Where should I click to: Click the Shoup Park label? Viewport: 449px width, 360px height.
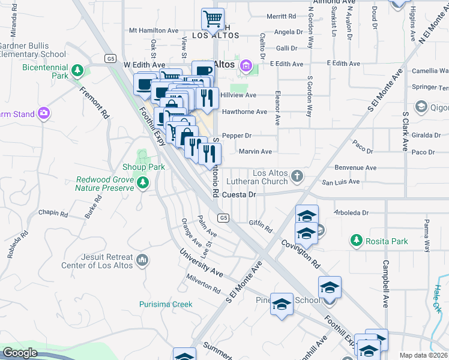point(143,167)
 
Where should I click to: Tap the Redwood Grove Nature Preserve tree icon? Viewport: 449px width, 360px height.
point(142,182)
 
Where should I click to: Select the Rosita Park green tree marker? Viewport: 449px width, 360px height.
point(357,241)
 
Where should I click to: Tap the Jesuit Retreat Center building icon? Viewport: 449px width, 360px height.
point(142,260)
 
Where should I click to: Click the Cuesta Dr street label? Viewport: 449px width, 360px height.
point(239,195)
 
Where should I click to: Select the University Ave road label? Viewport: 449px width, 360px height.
point(200,265)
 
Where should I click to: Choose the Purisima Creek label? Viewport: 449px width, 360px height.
point(166,304)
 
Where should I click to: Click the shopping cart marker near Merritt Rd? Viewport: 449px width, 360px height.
point(212,19)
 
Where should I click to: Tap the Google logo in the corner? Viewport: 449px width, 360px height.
point(20,353)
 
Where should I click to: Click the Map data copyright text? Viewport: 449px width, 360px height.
point(423,355)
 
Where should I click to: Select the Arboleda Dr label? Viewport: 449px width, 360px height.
point(352,212)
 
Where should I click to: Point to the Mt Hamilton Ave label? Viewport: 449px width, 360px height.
point(154,31)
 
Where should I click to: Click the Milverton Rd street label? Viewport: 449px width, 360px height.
point(203,285)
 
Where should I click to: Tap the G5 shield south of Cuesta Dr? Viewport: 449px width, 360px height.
point(223,218)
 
